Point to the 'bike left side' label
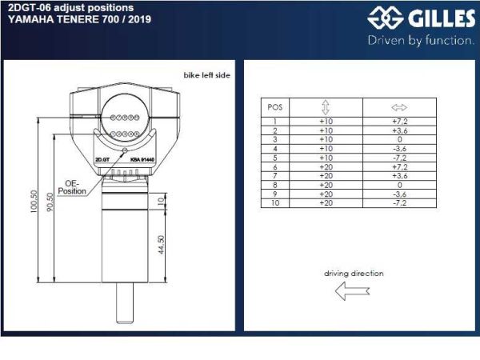tap(207, 74)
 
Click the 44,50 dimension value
tap(162, 244)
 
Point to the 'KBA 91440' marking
tap(141, 159)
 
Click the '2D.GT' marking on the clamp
tap(102, 159)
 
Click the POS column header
tap(274, 106)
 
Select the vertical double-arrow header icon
tap(326, 106)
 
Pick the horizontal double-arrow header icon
tap(400, 106)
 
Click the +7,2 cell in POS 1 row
tap(400, 121)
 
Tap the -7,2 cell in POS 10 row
tap(400, 203)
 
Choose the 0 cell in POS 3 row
tap(400, 139)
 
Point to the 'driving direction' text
tap(353, 273)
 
